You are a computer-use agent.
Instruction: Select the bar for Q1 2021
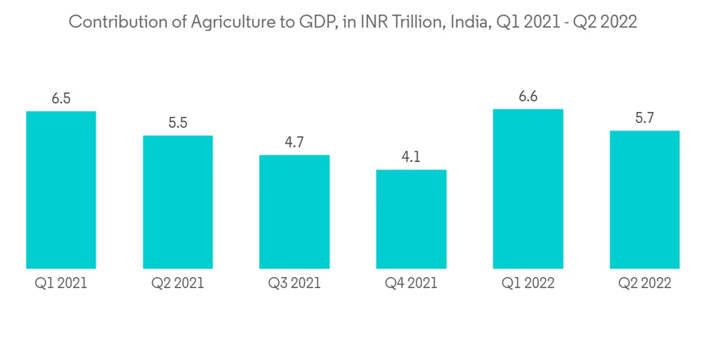(61, 190)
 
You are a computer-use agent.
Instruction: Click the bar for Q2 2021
(178, 202)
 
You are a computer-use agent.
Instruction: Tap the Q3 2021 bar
(294, 212)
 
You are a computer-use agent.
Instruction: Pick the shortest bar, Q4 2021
(411, 219)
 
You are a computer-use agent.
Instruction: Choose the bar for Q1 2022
(528, 189)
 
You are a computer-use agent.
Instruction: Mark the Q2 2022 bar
(645, 200)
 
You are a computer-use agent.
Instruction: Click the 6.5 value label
(61, 99)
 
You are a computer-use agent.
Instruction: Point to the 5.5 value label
(178, 123)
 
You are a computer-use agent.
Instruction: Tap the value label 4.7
(294, 142)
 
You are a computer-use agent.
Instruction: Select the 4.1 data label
(411, 157)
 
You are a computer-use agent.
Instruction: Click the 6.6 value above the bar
(528, 96)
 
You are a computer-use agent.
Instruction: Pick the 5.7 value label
(645, 119)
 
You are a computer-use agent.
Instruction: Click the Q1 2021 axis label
(61, 284)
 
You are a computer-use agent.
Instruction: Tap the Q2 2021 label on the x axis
(178, 284)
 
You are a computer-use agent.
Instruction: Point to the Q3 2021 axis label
(294, 284)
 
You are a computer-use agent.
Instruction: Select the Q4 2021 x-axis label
(411, 284)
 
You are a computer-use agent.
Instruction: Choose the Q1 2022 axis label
(528, 284)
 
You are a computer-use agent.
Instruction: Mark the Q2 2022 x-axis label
(645, 284)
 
